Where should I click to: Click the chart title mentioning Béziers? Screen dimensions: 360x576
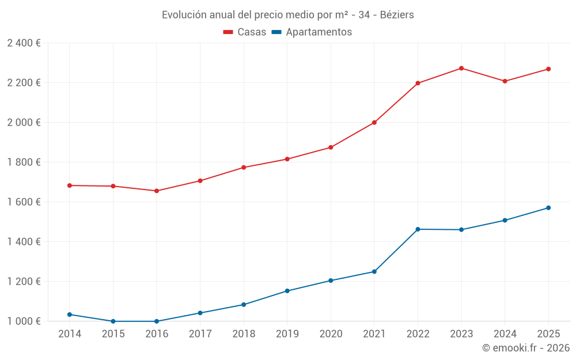point(287,14)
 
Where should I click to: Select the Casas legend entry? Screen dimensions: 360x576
point(245,32)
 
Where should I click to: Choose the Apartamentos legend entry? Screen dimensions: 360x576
point(312,32)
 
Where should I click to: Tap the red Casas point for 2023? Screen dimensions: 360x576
point(461,69)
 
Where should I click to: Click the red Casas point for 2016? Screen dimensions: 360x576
point(157,191)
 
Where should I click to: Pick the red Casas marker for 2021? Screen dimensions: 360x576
point(374,123)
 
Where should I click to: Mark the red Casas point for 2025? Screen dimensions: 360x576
point(548,69)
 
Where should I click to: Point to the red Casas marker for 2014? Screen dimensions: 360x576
point(70,185)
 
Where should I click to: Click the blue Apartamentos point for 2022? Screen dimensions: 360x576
point(418,229)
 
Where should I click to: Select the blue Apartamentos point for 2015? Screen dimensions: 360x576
point(113,321)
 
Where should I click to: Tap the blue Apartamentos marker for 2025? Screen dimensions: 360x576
point(548,208)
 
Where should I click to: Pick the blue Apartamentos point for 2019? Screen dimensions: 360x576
point(287,291)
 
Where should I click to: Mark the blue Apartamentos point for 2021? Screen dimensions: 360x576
point(374,272)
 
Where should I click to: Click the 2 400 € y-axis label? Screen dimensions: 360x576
point(24,43)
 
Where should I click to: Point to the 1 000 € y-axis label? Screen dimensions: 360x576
point(24,321)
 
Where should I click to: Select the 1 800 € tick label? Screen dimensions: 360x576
point(24,162)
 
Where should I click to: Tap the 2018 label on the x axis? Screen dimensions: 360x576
point(244,334)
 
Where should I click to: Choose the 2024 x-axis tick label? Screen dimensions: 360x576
point(505,334)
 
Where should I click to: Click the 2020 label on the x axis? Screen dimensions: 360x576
point(331,334)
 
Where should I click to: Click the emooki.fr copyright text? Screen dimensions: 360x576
point(526,348)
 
